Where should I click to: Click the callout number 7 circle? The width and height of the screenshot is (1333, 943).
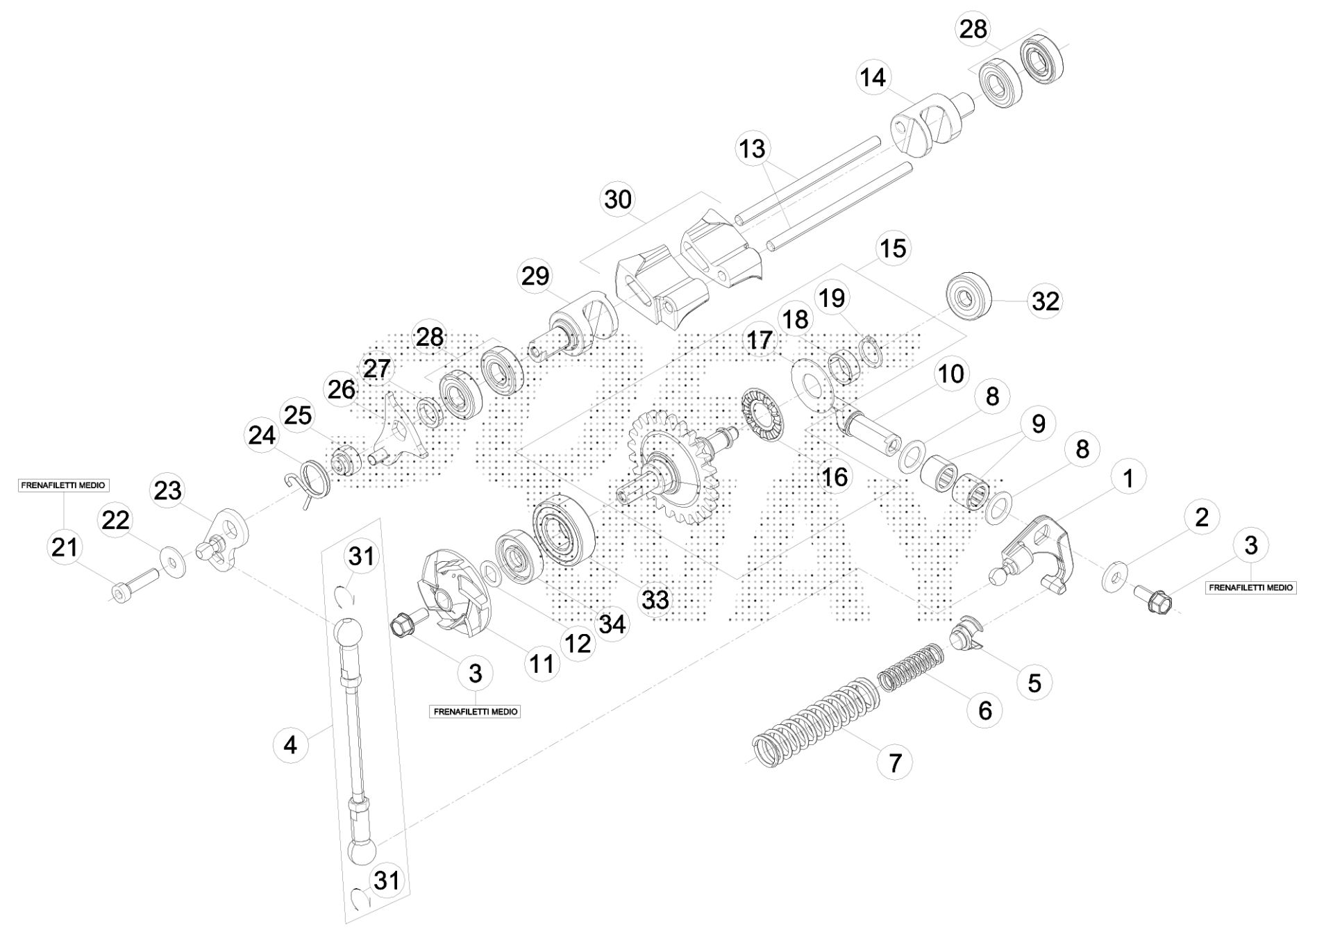click(x=894, y=762)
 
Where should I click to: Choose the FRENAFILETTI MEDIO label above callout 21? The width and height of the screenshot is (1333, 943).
click(x=63, y=485)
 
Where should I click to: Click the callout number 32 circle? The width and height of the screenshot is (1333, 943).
click(x=1046, y=301)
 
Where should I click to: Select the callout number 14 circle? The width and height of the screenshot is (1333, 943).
click(x=873, y=76)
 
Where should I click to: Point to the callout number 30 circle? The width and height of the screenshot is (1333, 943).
click(x=618, y=199)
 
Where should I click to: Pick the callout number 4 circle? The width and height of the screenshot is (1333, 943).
click(x=290, y=745)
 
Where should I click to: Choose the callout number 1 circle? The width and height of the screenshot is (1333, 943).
click(x=1127, y=478)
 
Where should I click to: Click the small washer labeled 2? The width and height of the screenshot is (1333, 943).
click(x=1115, y=576)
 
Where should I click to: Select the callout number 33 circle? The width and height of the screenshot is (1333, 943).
click(x=655, y=599)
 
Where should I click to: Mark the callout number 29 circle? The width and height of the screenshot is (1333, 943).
click(x=535, y=276)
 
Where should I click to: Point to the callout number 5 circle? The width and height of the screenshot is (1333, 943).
click(x=1034, y=682)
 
